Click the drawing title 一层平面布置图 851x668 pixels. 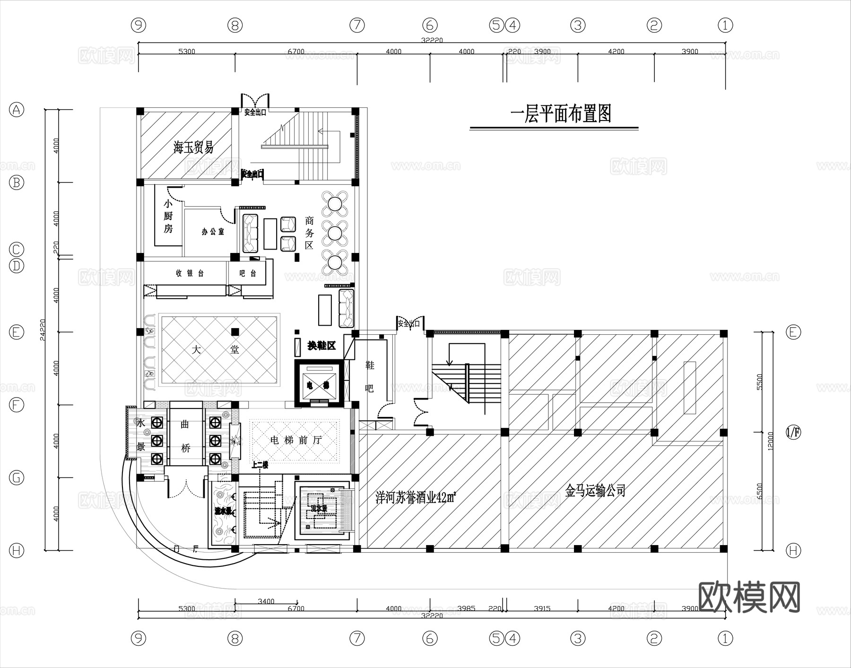[561, 114]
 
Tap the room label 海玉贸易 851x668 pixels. [193, 147]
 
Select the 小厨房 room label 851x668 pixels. [168, 217]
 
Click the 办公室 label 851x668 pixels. [213, 232]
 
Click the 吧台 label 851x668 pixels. [248, 273]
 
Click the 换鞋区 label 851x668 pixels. [321, 346]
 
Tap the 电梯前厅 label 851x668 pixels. [295, 440]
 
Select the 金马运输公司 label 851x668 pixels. [595, 491]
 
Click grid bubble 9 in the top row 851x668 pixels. [138, 25]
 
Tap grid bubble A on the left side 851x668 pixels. [17, 110]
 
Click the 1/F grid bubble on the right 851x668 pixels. [793, 432]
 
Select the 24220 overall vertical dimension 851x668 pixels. [43, 330]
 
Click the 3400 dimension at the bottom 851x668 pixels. [266, 601]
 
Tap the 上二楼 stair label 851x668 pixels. [260, 465]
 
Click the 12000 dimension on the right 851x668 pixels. [771, 441]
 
